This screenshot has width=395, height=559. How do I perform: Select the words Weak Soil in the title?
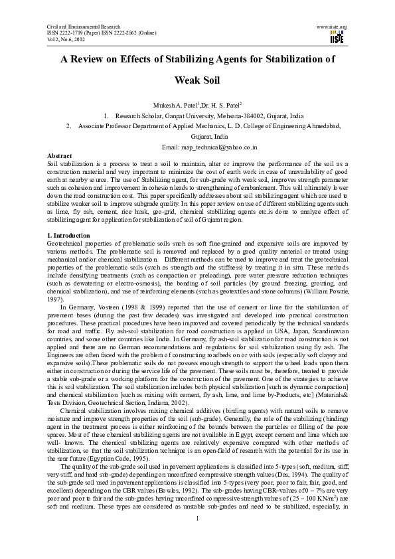197,83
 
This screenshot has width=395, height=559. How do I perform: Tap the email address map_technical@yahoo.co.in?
225,146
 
